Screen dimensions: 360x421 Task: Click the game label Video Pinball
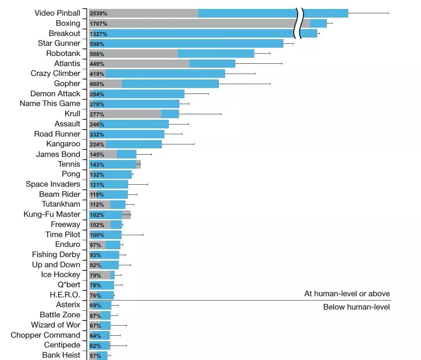click(x=57, y=13)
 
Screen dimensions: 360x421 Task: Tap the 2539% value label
click(x=99, y=13)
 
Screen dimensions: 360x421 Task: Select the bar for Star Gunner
click(x=186, y=43)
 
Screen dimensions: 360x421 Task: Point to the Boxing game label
click(x=68, y=23)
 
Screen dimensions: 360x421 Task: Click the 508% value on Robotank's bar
click(x=97, y=54)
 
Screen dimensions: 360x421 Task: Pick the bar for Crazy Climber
click(x=157, y=74)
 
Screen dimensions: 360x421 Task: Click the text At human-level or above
click(x=347, y=293)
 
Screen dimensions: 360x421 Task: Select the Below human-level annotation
click(x=356, y=307)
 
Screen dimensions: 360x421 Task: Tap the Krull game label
click(x=72, y=113)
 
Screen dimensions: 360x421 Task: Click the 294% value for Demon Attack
click(x=97, y=94)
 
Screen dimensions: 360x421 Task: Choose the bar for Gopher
click(x=154, y=84)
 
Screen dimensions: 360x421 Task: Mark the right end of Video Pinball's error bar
click(x=388, y=13)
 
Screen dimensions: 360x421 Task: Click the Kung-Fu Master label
click(x=52, y=214)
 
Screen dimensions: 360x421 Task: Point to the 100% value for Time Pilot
click(x=97, y=235)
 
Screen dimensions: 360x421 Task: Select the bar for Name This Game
click(x=134, y=104)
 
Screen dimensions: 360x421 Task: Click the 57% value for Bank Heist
click(x=95, y=356)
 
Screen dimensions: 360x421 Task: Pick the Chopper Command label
click(x=45, y=335)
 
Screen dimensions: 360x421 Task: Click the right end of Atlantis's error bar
click(x=282, y=63)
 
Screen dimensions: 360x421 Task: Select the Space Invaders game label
click(x=53, y=184)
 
